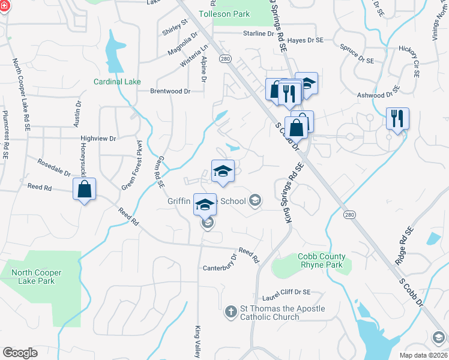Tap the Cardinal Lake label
tap(116, 82)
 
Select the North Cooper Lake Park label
tap(37, 277)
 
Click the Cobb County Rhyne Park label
tap(321, 260)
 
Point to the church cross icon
tap(231, 311)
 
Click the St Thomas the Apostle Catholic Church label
tap(282, 313)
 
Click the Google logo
tap(20, 352)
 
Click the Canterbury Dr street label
tap(220, 262)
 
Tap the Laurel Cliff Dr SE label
tap(286, 292)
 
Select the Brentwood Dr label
tap(170, 91)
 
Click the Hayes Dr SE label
tap(306, 40)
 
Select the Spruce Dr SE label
tap(357, 52)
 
